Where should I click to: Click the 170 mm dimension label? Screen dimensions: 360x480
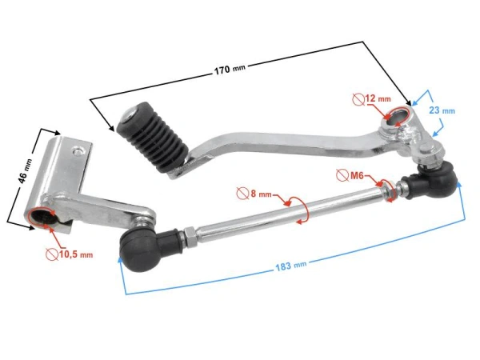tap(230, 69)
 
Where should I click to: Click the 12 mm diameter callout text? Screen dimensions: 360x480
tap(377, 98)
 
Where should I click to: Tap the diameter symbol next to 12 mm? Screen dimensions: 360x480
tap(358, 98)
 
